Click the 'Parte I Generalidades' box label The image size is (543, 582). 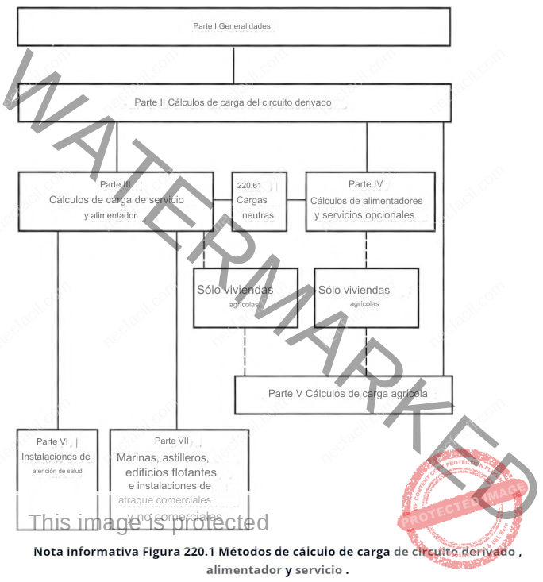(x=232, y=26)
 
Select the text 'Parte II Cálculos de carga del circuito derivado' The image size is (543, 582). (x=233, y=102)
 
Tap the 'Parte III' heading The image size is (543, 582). (x=116, y=185)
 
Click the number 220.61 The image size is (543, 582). (x=248, y=185)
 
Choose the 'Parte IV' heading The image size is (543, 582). (x=366, y=184)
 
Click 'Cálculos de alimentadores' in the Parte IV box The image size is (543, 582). (x=366, y=200)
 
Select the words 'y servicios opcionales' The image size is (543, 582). (x=364, y=215)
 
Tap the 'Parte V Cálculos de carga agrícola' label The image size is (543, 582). (x=348, y=394)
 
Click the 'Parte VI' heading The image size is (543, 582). (x=56, y=441)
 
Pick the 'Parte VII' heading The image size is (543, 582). (x=171, y=441)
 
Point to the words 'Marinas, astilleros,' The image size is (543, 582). (x=163, y=458)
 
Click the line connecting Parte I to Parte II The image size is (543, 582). (x=233, y=65)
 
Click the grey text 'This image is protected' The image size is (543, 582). (x=148, y=522)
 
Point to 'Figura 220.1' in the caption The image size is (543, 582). (x=176, y=550)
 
